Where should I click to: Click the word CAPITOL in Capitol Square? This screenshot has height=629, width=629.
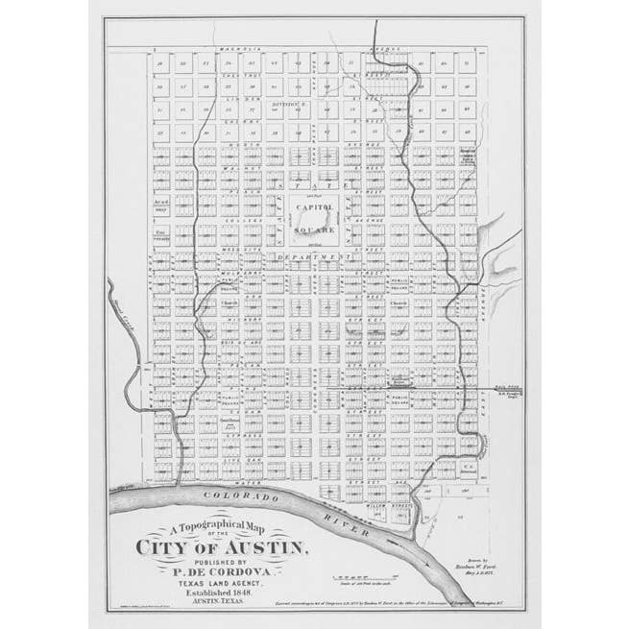click(314, 207)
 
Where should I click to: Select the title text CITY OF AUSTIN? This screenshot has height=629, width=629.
click(224, 548)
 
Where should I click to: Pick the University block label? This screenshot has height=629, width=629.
click(161, 233)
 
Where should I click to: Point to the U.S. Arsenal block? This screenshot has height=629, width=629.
click(469, 443)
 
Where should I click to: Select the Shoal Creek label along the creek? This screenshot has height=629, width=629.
click(125, 305)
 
